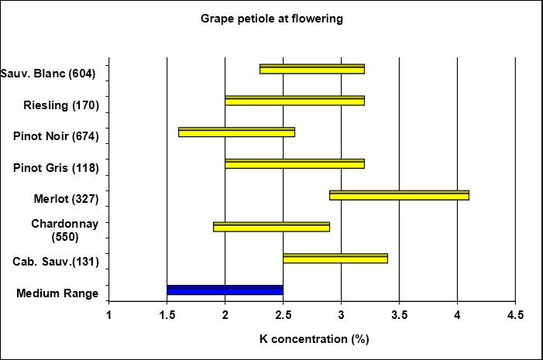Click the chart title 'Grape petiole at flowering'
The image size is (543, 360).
pos(271,19)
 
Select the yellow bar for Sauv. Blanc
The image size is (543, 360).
pos(311,69)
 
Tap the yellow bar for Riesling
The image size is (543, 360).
pos(294,101)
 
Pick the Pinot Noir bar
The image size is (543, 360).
pos(236,132)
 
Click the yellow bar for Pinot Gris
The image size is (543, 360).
pos(294,163)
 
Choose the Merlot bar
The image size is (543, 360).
pos(399,195)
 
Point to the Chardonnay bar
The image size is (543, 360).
pos(271,227)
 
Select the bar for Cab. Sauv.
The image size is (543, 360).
pos(335,258)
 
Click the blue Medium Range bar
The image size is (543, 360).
pos(225,290)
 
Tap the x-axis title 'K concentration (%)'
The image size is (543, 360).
pos(312,338)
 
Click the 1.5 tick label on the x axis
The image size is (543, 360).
pos(167,315)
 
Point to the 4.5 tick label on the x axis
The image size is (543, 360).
pos(515,315)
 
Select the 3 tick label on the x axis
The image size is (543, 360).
pos(341,315)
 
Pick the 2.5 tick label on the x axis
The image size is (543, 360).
pos(283,315)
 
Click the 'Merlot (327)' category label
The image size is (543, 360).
pos(66,199)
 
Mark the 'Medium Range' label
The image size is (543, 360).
pos(57,293)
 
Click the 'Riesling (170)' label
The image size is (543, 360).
pos(62,105)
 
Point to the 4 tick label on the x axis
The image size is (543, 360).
pos(457,315)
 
